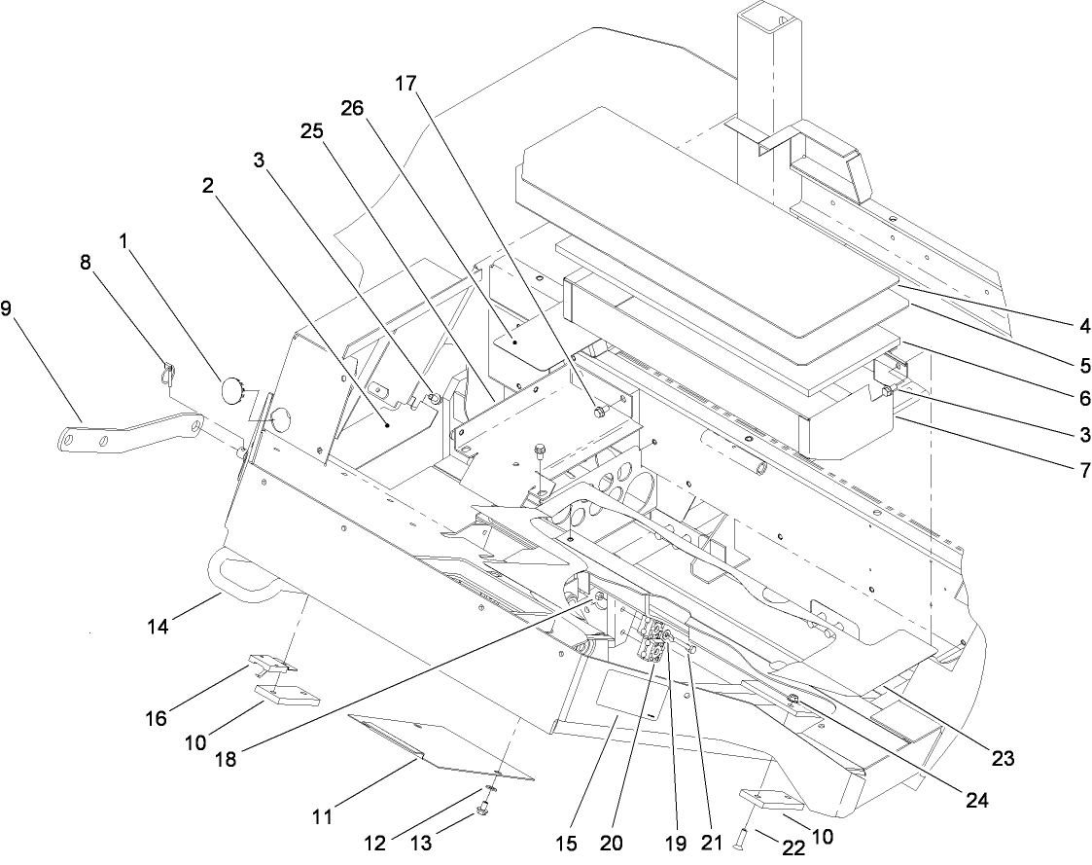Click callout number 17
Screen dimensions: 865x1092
[x=405, y=85]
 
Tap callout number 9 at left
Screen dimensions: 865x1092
[x=8, y=310]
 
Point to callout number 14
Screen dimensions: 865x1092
[x=159, y=628]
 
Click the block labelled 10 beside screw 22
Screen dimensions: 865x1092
[x=773, y=800]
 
